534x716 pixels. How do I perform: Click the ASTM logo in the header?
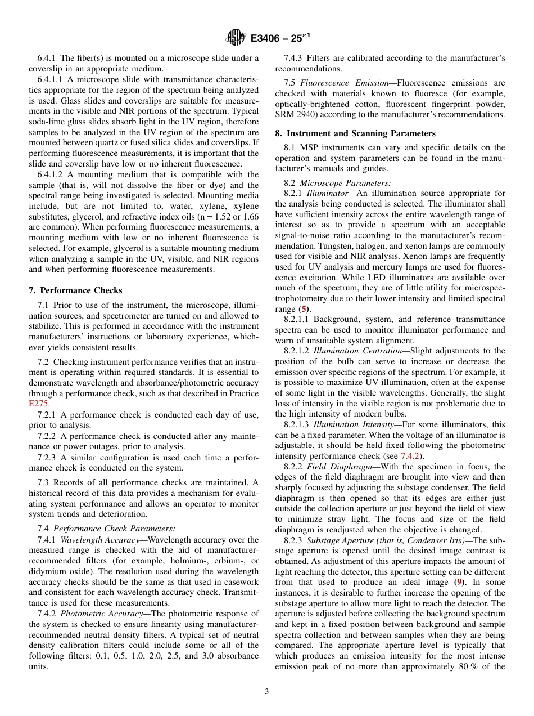pyautogui.click(x=236, y=38)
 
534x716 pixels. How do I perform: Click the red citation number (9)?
pyautogui.click(x=459, y=583)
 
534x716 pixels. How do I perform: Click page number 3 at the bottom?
pyautogui.click(x=267, y=692)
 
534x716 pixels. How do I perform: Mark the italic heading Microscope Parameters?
pyautogui.click(x=345, y=182)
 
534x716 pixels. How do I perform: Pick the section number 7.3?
pyautogui.click(x=44, y=482)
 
